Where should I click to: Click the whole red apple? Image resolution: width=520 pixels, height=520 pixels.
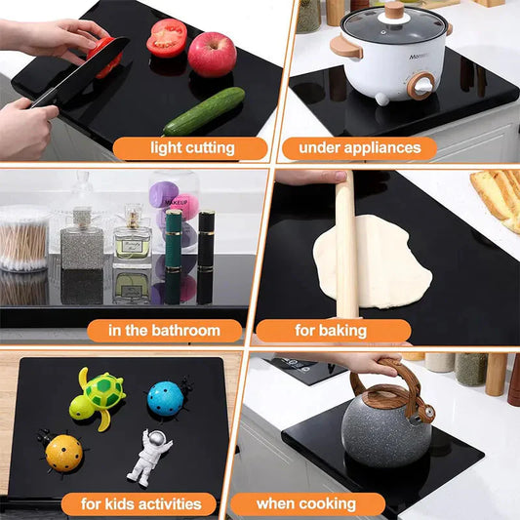coord(213,54)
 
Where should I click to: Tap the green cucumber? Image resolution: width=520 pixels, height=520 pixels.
coord(204,111)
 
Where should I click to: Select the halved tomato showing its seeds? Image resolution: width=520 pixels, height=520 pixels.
coord(167,38)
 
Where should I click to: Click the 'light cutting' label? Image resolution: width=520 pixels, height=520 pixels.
coord(192,148)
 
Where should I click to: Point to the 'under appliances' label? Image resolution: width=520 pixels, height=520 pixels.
coord(360,148)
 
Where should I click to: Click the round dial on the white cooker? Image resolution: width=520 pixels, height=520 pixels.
coord(421,86)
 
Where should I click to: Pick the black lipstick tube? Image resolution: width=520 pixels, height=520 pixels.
coord(206,240)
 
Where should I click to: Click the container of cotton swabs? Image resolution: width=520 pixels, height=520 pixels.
coord(23,238)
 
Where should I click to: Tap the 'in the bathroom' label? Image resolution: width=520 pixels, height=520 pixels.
coord(164,331)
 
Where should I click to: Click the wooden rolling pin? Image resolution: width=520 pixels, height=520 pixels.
coord(346,245)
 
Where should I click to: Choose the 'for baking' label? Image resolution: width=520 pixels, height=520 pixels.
coord(331,331)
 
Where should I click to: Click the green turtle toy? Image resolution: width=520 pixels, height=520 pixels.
coord(98,397)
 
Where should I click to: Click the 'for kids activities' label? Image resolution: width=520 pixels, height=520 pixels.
coord(141,504)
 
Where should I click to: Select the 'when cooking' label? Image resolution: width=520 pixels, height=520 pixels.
coord(306,504)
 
